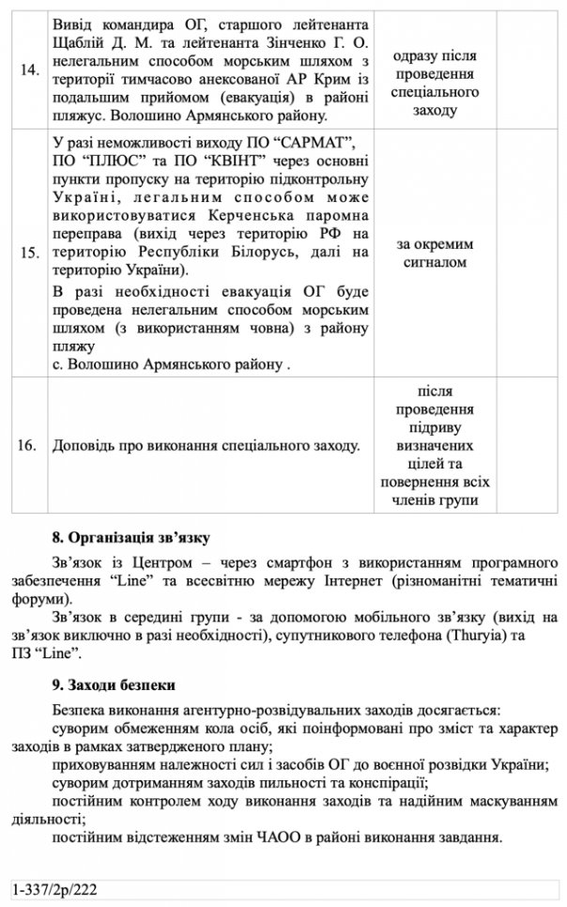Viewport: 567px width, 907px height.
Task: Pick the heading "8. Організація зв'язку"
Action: point(132,538)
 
